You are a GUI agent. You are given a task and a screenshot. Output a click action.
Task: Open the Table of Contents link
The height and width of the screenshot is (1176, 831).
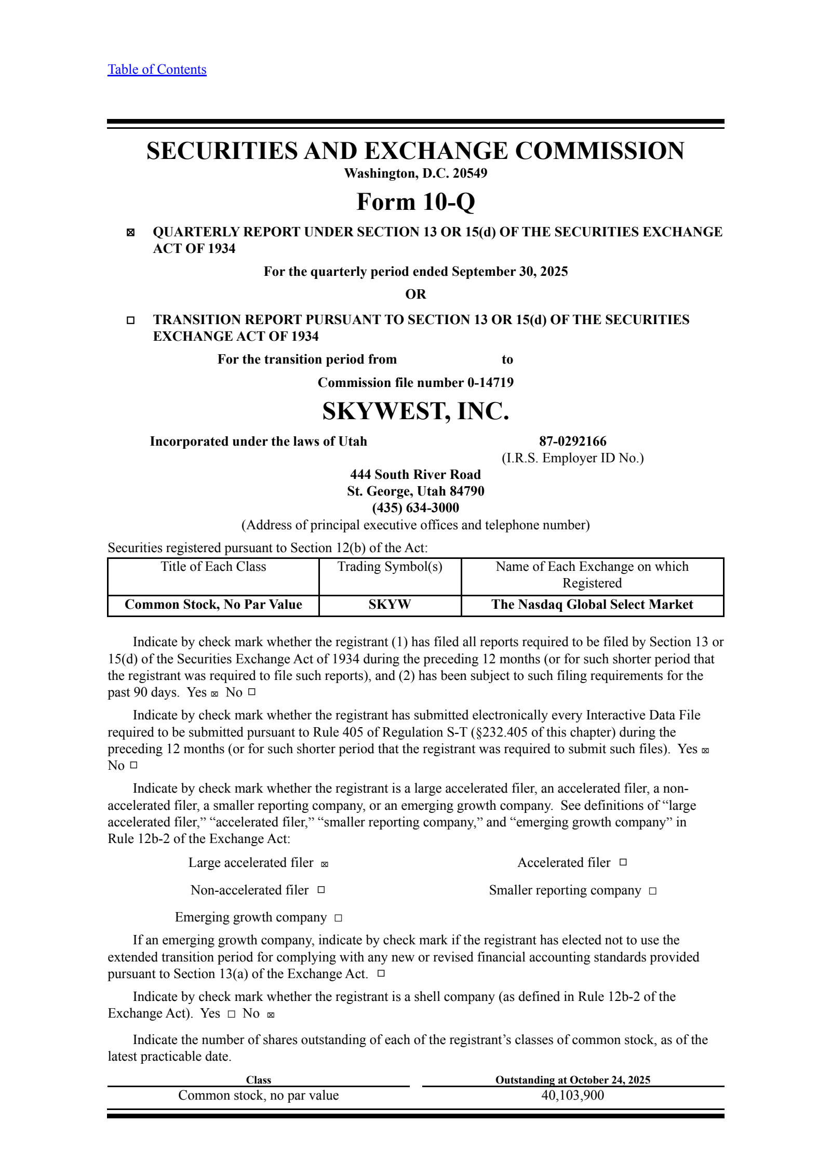pos(157,70)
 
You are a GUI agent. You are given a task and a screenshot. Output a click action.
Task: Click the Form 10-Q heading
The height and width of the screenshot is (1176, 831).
pos(415,202)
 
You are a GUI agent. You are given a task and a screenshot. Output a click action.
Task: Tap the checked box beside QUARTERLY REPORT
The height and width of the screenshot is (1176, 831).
pos(130,233)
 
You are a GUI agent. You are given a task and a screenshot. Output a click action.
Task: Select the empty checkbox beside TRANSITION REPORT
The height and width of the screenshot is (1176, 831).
pos(130,320)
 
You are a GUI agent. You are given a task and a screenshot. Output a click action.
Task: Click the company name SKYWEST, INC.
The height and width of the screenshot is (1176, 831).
pos(415,411)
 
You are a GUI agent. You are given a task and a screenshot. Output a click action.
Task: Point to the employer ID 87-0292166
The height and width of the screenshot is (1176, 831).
pos(572,442)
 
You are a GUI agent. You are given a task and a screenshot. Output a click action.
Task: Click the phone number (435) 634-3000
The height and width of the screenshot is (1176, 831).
pos(415,507)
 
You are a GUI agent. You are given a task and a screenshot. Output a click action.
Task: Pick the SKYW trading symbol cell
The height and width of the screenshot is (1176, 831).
pos(390,605)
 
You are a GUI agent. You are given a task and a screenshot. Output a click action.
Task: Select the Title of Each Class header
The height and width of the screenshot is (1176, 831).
pos(213,567)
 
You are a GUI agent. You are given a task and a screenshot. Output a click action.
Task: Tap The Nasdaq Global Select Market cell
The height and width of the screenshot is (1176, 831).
pos(592,605)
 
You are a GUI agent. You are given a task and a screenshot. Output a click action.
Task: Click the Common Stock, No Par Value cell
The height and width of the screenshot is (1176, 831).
pos(213,605)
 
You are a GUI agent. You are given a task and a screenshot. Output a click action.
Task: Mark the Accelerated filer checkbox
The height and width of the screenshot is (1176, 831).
pos(623,862)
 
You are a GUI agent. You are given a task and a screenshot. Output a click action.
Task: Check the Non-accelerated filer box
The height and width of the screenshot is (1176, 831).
pos(321,890)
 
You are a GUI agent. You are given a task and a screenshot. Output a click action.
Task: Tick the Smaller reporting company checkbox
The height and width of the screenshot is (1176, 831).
pos(653,891)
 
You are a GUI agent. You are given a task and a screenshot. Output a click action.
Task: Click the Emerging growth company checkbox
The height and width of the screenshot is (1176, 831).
pos(338,918)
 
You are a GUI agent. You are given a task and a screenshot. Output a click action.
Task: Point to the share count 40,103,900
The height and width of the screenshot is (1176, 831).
pos(572,1095)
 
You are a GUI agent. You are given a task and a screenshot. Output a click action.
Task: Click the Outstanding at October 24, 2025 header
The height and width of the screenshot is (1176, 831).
pos(572,1080)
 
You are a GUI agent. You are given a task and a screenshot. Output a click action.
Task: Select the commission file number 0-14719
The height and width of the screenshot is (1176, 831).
pos(490,383)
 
